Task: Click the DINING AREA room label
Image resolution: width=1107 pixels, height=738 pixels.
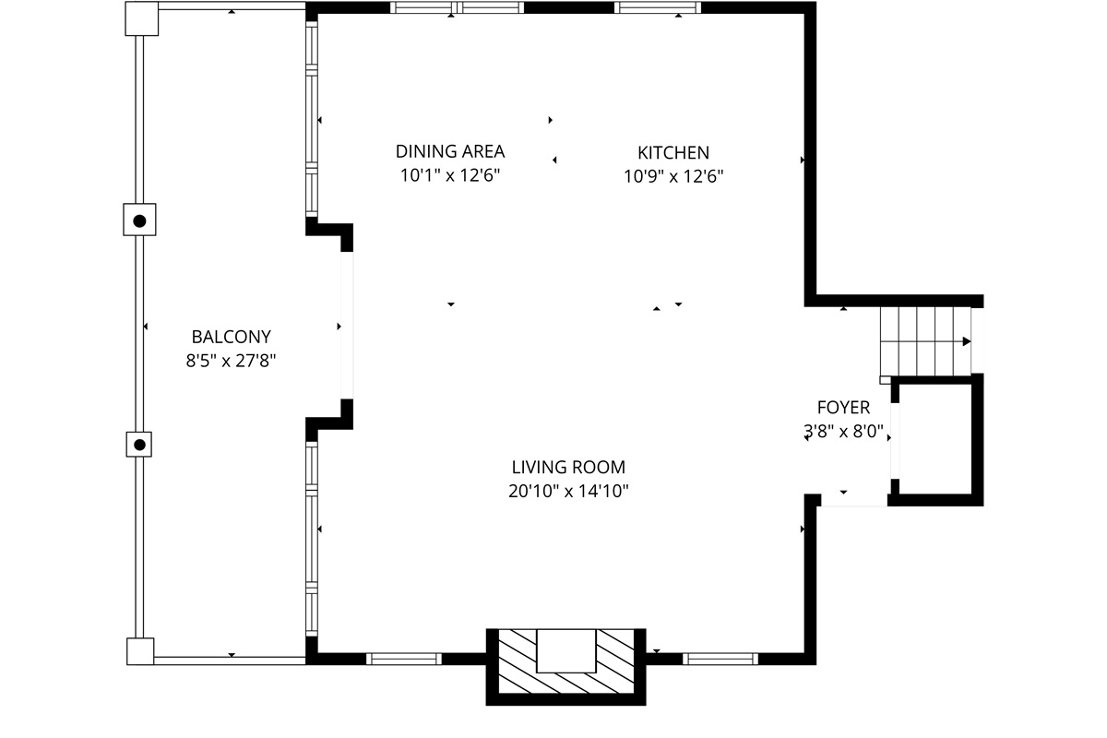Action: click(x=450, y=152)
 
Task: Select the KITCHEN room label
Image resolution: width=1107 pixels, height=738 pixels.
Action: click(x=673, y=152)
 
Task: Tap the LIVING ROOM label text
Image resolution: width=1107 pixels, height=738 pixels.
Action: click(x=568, y=467)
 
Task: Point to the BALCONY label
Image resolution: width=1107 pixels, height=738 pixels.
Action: click(x=232, y=337)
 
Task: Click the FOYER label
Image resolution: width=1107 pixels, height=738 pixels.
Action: click(x=843, y=407)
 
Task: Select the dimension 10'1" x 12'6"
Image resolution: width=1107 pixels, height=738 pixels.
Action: click(x=450, y=176)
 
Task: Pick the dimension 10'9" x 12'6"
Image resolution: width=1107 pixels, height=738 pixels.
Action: click(x=673, y=176)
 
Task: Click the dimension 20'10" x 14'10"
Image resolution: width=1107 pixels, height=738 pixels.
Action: click(x=568, y=491)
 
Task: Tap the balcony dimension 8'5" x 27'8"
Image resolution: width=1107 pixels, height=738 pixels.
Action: click(x=232, y=361)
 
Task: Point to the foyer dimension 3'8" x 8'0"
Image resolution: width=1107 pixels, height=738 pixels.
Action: click(x=843, y=430)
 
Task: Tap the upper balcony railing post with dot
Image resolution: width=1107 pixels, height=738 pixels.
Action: click(x=139, y=220)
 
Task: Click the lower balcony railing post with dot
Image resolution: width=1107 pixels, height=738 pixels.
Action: click(x=139, y=445)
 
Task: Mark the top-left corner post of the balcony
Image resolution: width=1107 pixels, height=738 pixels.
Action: click(x=141, y=18)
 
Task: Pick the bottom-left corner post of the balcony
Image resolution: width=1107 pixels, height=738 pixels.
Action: click(x=141, y=651)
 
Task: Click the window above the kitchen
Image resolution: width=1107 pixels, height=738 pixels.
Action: click(x=658, y=8)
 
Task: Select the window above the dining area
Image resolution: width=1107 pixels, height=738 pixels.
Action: click(x=457, y=8)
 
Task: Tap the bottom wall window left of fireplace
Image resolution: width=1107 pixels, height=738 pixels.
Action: click(x=404, y=659)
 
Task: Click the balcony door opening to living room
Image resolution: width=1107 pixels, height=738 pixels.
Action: click(x=347, y=326)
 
